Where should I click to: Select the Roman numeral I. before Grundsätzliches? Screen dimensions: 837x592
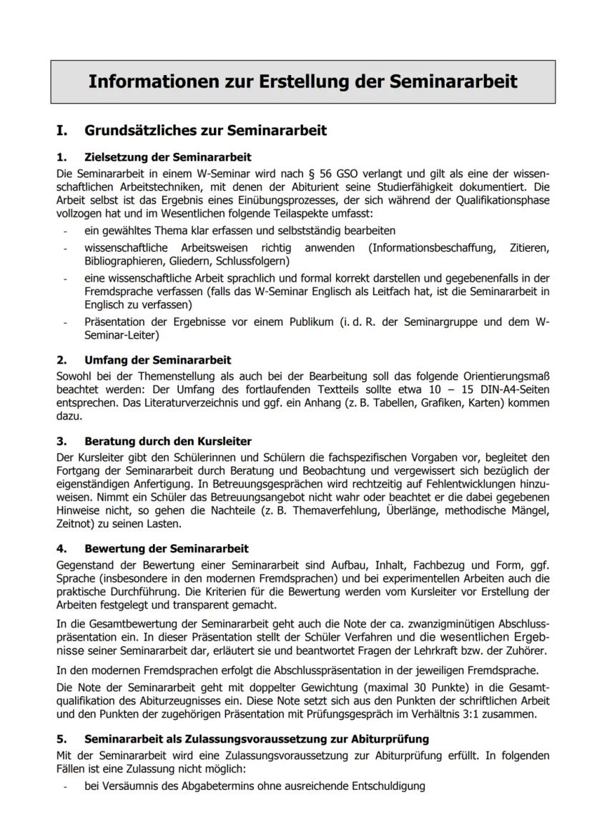[x=62, y=131]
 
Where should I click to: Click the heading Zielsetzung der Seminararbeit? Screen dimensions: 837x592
[x=167, y=157]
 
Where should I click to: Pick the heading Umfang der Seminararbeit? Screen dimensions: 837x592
[x=157, y=360]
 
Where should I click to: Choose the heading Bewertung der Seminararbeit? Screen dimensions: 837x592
[x=166, y=549]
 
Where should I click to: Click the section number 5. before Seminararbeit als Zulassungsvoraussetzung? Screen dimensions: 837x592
[x=61, y=739]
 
